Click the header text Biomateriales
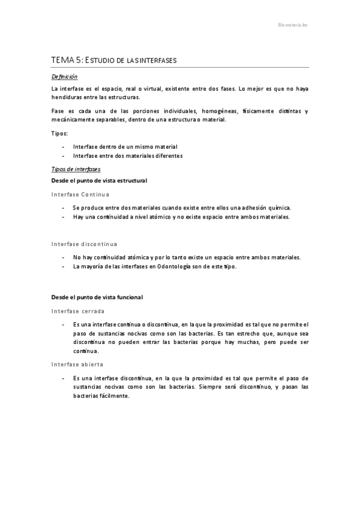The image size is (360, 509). [x=293, y=25]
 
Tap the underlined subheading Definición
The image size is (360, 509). [x=64, y=77]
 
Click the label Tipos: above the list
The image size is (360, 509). [x=59, y=133]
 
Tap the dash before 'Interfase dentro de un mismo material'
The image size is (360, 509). [x=64, y=146]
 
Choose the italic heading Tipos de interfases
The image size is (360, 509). [x=76, y=169]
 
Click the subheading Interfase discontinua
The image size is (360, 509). [x=84, y=244]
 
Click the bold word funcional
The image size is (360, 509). [x=128, y=297]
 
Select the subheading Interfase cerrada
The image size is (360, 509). [x=78, y=311]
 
